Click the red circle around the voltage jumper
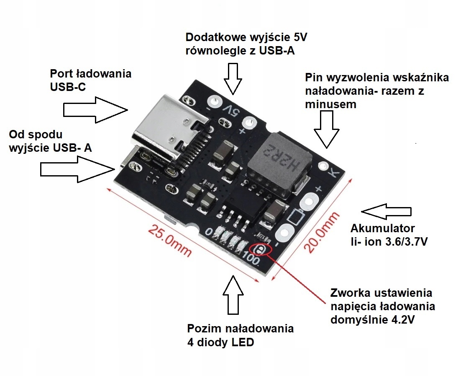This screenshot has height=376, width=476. pyautogui.click(x=261, y=250)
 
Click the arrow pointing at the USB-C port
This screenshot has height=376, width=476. pyautogui.click(x=95, y=110)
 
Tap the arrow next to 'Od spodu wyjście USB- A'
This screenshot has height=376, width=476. pyautogui.click(x=77, y=169)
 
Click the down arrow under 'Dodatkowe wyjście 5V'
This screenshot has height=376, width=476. pyautogui.click(x=233, y=78)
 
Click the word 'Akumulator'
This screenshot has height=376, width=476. pyautogui.click(x=383, y=229)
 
